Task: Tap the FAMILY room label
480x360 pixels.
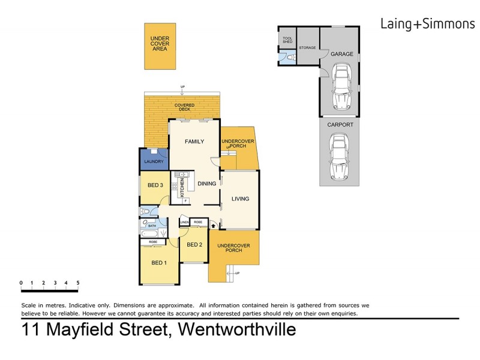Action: (194, 142)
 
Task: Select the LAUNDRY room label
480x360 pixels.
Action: (154, 161)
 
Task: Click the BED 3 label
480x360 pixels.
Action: (154, 185)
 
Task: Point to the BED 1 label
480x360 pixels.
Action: (158, 262)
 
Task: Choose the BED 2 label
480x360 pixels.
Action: (193, 245)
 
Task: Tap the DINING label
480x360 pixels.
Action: (206, 184)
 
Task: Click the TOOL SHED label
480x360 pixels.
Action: (287, 40)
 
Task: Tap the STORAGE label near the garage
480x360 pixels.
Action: (307, 47)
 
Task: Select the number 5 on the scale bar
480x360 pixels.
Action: (77, 282)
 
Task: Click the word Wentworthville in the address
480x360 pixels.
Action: (233, 329)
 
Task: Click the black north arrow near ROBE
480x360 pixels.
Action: (215, 226)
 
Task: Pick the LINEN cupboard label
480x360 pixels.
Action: (185, 223)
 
